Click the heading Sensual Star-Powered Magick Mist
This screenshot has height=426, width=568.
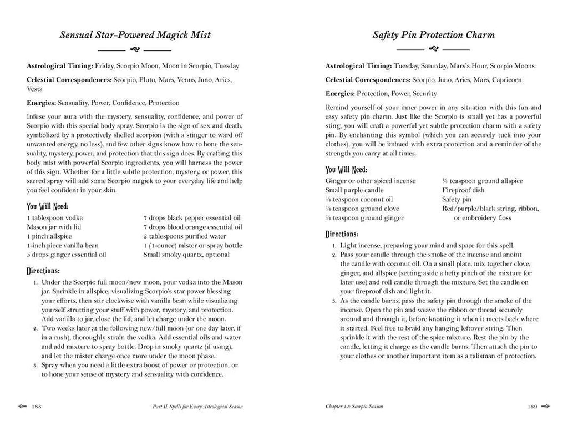(x=135, y=35)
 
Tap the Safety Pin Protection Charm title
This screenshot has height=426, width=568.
(x=433, y=35)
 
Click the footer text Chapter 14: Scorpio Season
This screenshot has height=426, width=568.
(x=355, y=407)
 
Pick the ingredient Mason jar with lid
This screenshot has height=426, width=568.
(x=50, y=227)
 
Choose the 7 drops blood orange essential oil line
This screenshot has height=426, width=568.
(x=192, y=227)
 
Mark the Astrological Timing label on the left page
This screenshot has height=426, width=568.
(x=60, y=66)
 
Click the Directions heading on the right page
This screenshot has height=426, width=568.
(x=342, y=234)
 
